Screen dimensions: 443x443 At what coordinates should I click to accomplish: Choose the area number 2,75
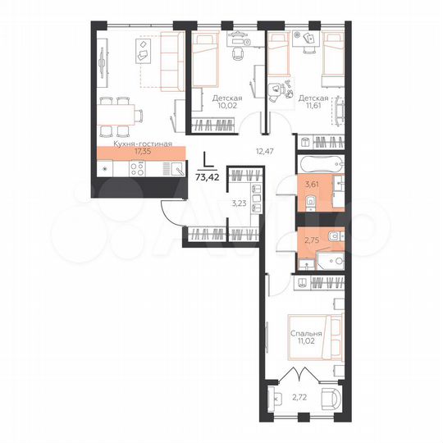311,241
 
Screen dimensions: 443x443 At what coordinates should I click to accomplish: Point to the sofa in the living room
171,61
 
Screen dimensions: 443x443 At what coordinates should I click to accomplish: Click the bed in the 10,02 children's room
204,62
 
